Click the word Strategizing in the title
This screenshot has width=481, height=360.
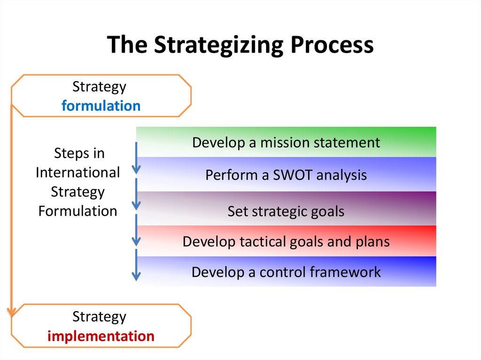[219, 46]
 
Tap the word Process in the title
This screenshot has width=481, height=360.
[332, 44]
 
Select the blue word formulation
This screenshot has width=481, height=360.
[101, 106]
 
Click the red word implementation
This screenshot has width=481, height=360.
[101, 337]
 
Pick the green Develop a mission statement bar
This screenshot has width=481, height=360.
[286, 142]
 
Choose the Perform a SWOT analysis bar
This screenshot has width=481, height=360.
[286, 174]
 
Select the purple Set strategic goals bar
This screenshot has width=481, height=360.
[286, 208]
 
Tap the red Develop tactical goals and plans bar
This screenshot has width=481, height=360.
[286, 241]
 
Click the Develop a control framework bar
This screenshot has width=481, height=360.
[286, 271]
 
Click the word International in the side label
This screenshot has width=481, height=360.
[78, 172]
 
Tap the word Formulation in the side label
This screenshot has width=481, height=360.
[78, 211]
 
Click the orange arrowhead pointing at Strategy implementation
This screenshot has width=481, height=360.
[12, 312]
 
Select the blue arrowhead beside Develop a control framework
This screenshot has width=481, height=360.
[136, 276]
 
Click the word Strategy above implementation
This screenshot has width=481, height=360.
[99, 317]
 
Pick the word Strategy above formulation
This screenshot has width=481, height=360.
[99, 87]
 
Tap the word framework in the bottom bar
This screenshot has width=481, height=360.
[345, 272]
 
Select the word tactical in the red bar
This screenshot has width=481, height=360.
[263, 242]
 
